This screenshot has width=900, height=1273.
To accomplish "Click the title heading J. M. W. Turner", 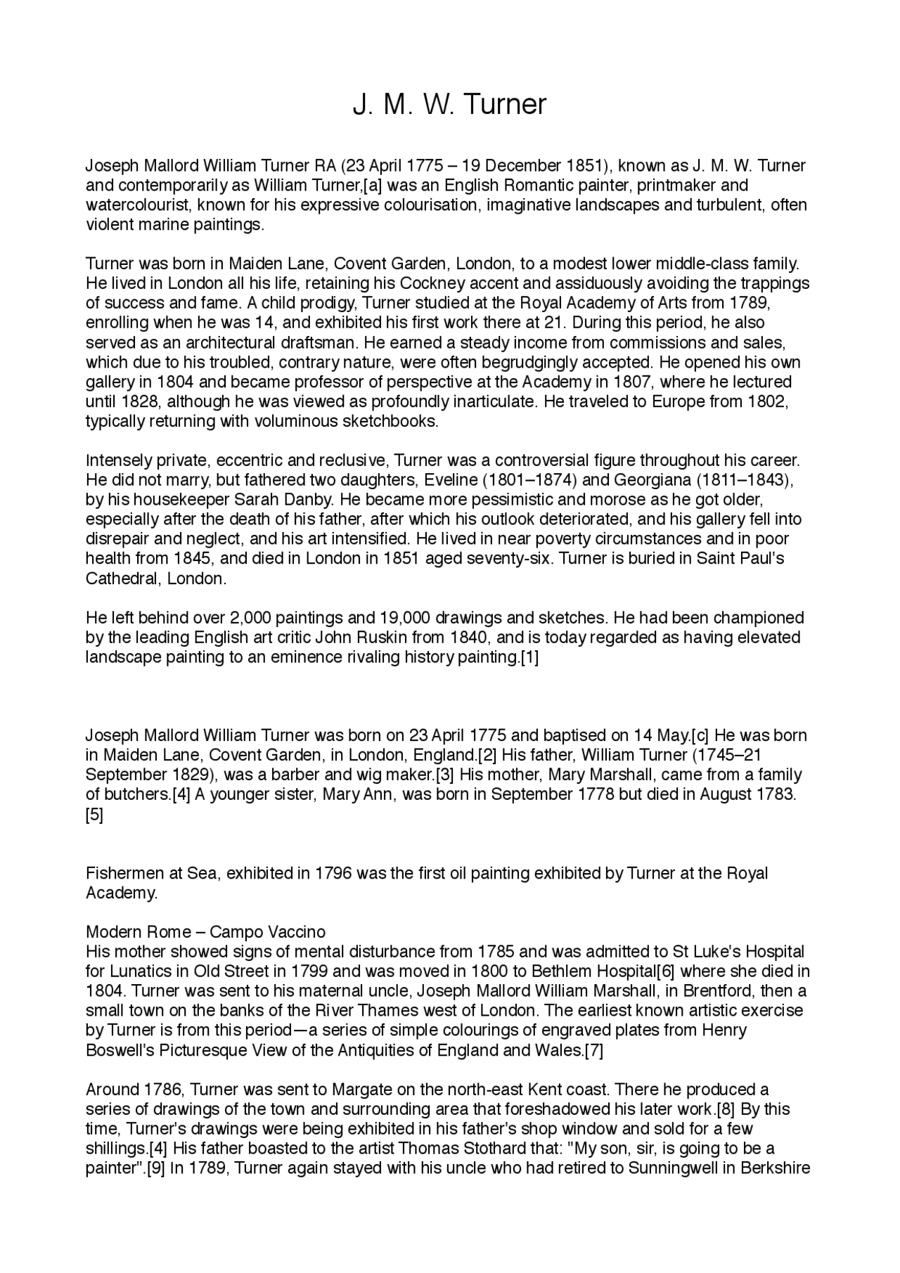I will pyautogui.click(x=449, y=105).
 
